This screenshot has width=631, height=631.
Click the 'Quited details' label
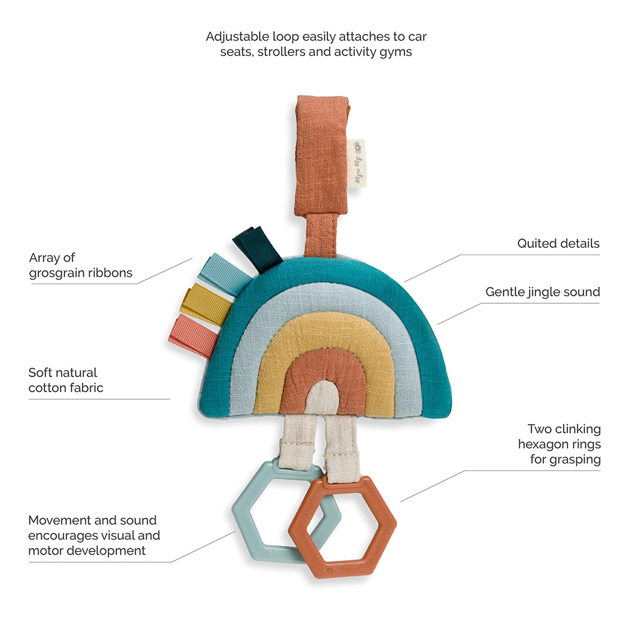(x=558, y=244)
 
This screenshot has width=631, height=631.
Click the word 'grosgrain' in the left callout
(x=59, y=273)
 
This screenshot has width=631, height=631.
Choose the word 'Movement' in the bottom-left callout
(x=60, y=520)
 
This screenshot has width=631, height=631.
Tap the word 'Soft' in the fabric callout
(x=41, y=372)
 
